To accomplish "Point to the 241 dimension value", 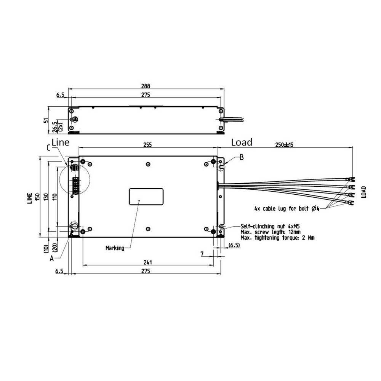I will click(x=148, y=262).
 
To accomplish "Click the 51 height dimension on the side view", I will click(x=46, y=120).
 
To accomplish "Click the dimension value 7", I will click(x=202, y=253).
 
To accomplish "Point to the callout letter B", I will click(x=241, y=157).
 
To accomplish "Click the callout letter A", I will click(x=52, y=258).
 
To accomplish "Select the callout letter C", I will click(x=48, y=147).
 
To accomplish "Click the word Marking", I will click(x=115, y=248).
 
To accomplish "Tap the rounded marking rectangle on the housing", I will click(x=146, y=197).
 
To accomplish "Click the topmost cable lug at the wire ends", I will click(x=350, y=179).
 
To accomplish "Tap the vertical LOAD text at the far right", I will click(x=364, y=192).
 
